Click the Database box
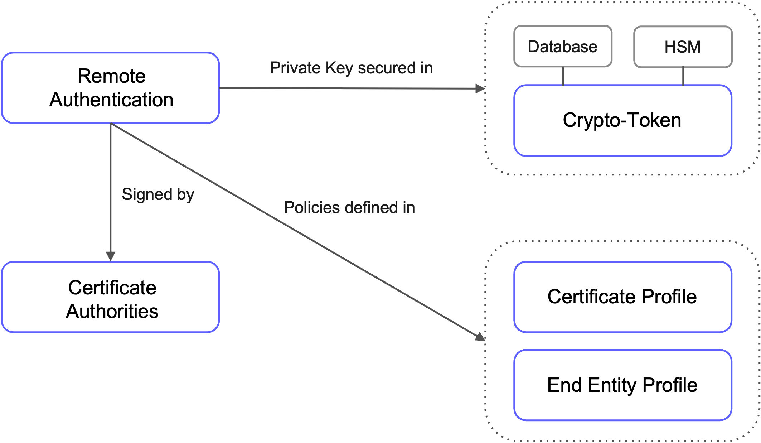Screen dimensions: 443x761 tap(563, 46)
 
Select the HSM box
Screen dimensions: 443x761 tap(683, 47)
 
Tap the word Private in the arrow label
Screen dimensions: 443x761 tap(295, 68)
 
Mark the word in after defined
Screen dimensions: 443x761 tap(409, 207)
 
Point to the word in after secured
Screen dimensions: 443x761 tap(426, 68)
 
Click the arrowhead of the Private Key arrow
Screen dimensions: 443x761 tap(480, 88)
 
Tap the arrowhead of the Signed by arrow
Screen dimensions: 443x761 tap(111, 256)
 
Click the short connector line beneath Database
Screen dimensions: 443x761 tap(563, 76)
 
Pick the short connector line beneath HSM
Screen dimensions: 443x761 tap(683, 76)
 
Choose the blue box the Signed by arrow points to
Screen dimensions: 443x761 tap(110, 297)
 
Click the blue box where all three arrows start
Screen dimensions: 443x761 tap(110, 88)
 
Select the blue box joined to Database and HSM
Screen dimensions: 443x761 tap(623, 121)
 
